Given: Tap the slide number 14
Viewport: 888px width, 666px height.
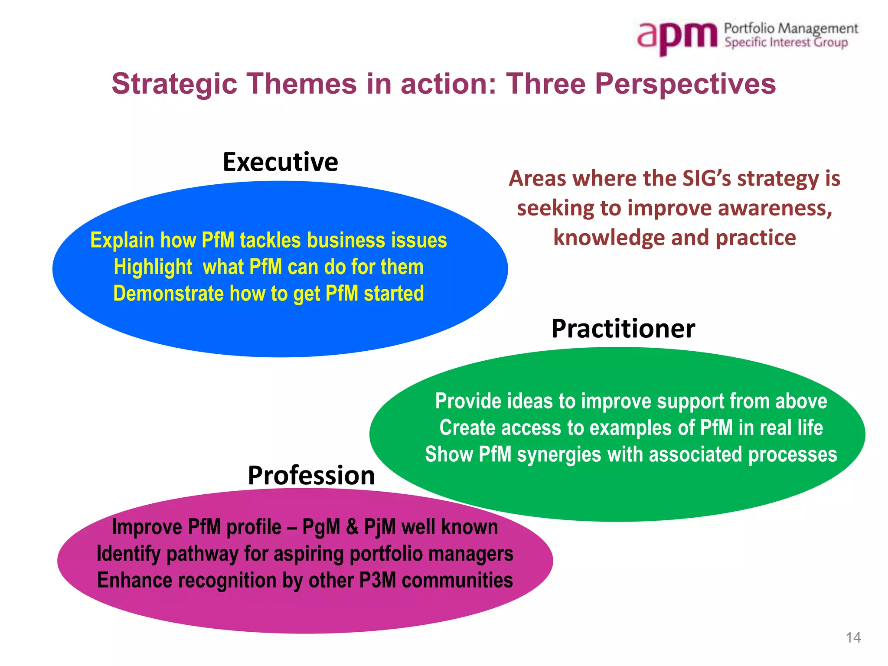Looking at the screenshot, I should (853, 637).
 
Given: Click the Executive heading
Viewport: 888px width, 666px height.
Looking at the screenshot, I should (280, 162).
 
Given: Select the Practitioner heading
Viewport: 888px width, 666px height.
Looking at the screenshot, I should (623, 329).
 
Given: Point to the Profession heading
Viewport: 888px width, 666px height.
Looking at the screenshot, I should (311, 475).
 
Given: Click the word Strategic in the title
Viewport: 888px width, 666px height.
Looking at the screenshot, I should (174, 84).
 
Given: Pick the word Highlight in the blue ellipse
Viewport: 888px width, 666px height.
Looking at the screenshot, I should (153, 267).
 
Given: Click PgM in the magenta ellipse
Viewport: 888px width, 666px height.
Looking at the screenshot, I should (321, 528).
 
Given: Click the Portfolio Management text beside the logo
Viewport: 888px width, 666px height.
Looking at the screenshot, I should (791, 29).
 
